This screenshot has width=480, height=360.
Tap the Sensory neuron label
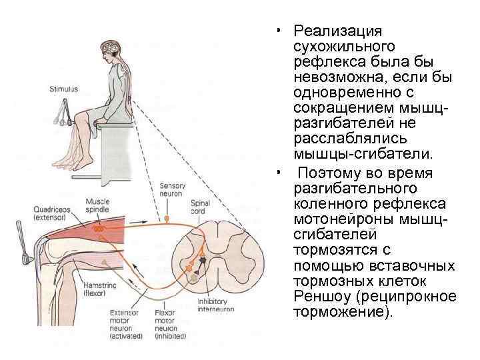[172, 189]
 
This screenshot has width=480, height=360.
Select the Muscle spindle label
[99, 205]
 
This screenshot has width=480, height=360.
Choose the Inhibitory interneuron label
[212, 305]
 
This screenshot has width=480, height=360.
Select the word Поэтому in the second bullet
[331, 173]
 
